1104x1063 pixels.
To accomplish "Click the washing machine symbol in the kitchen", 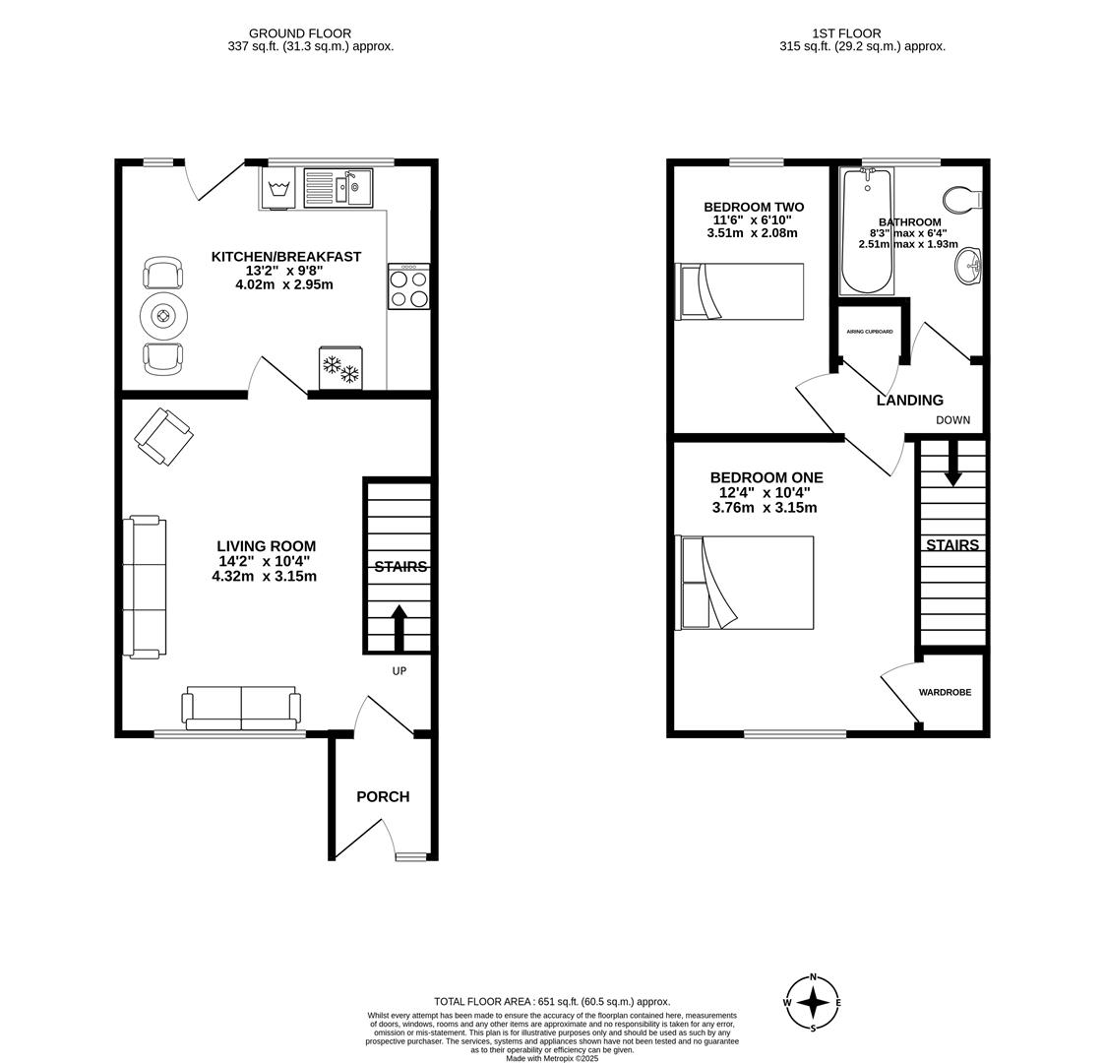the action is coord(280,187).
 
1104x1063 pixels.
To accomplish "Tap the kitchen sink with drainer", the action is coord(337,187).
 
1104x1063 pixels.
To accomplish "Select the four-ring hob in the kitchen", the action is coord(408,286).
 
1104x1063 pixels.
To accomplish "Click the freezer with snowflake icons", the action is coord(340,368).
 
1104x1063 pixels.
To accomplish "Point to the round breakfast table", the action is coord(163,316).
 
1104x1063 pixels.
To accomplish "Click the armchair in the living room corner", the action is coord(164,437).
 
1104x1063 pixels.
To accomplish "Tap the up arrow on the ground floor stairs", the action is coord(399,628).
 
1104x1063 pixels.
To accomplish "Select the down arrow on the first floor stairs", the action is coord(953,463).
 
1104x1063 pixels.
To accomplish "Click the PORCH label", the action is coord(383,796).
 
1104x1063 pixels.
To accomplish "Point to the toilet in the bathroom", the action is coord(962,199).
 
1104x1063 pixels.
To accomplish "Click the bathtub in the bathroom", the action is coord(867,231).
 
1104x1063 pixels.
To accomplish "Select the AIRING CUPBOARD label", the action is coord(870,331).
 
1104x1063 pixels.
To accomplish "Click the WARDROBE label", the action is coord(945,693).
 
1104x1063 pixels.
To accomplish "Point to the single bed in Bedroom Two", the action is coord(739,291).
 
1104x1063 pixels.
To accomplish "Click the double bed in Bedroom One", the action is coord(745,583).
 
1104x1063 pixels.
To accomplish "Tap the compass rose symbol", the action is coord(813,1002).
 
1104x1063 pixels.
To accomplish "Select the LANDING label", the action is coord(910,401).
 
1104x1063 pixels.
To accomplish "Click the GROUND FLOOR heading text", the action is coord(300,33).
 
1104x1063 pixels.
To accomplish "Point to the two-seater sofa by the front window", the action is coord(241,708).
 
